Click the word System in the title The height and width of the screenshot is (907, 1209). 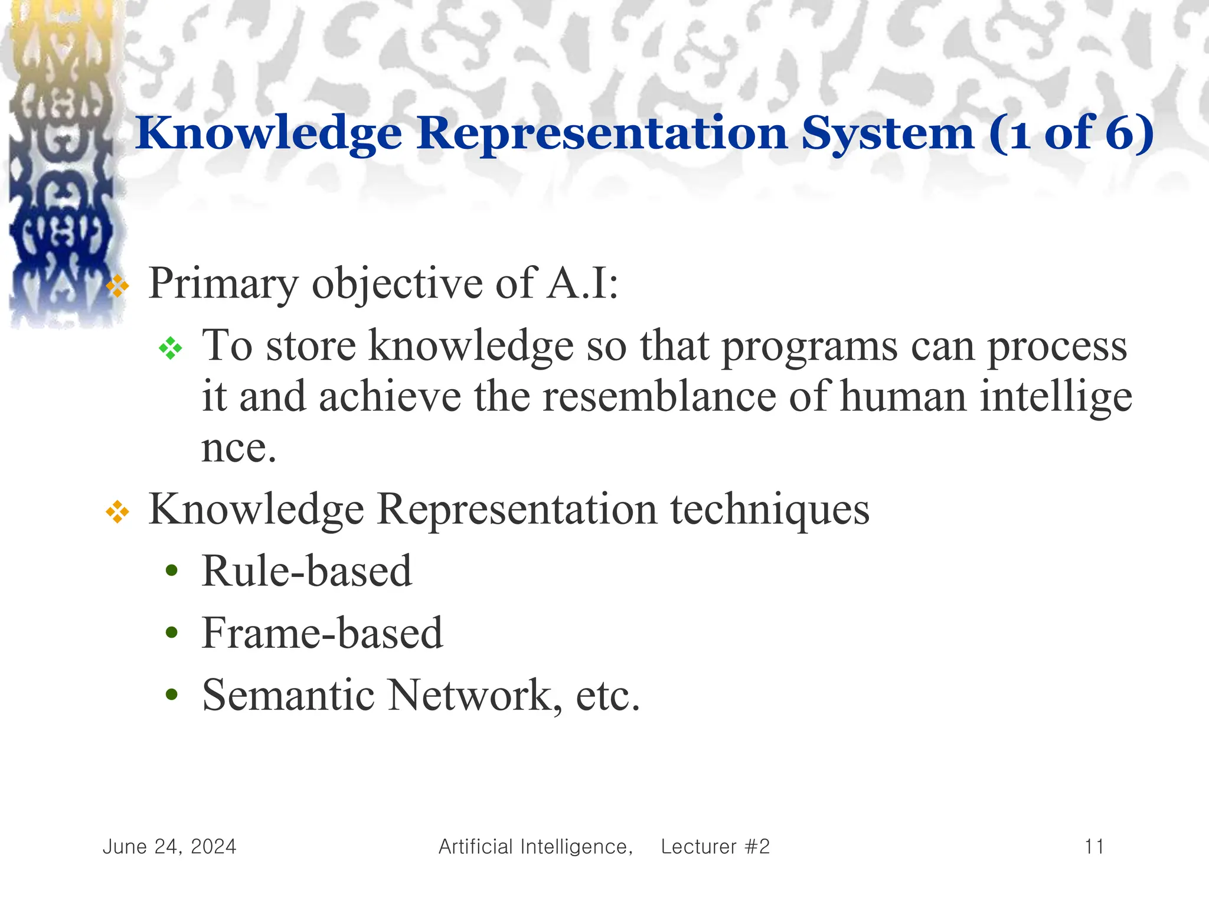[x=887, y=133]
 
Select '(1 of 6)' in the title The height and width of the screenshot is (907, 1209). [x=1071, y=133]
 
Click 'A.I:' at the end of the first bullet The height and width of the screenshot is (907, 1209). [x=583, y=283]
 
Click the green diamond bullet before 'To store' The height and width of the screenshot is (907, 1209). [x=171, y=348]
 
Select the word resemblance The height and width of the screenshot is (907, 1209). [x=659, y=397]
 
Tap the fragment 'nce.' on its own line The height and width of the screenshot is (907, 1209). [x=238, y=449]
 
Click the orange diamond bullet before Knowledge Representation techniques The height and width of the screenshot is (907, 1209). [x=117, y=511]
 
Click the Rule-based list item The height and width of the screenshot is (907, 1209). [x=306, y=572]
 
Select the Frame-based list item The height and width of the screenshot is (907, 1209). [x=322, y=634]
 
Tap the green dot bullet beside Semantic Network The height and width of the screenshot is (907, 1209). [x=172, y=695]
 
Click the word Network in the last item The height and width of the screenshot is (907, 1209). [x=470, y=696]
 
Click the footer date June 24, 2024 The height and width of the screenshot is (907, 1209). [x=169, y=847]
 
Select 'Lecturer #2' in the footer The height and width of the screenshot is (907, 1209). [x=715, y=847]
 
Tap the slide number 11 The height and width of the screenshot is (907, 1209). [x=1094, y=847]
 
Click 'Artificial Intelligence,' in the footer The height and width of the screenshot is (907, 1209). [x=535, y=847]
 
